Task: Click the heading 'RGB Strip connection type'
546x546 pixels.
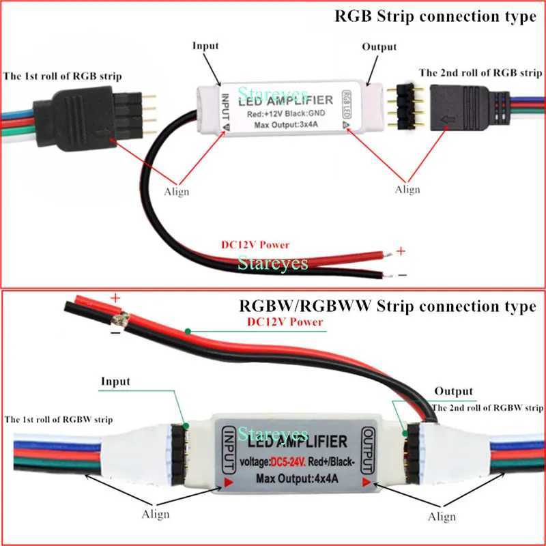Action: [435, 17]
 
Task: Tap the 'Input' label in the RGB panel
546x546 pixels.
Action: [205, 46]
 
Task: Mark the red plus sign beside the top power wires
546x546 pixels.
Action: [401, 251]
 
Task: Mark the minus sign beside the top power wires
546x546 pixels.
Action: [401, 275]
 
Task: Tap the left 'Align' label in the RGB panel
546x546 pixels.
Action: [177, 192]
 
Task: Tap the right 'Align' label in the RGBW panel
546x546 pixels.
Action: [442, 517]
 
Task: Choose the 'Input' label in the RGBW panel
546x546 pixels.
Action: [115, 381]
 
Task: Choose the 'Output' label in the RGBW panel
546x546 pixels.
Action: [454, 391]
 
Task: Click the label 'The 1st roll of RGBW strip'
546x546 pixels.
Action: [59, 418]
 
